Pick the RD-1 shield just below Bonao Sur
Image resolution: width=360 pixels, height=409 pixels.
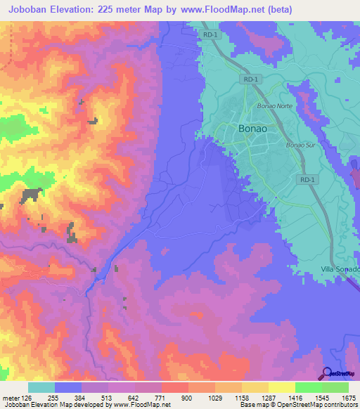[x=306, y=179]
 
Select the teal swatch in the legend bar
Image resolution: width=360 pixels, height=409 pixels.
[x=41, y=387]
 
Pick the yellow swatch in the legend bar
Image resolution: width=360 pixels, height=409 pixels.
[x=281, y=387]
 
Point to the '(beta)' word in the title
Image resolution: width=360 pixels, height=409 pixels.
[x=276, y=9]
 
